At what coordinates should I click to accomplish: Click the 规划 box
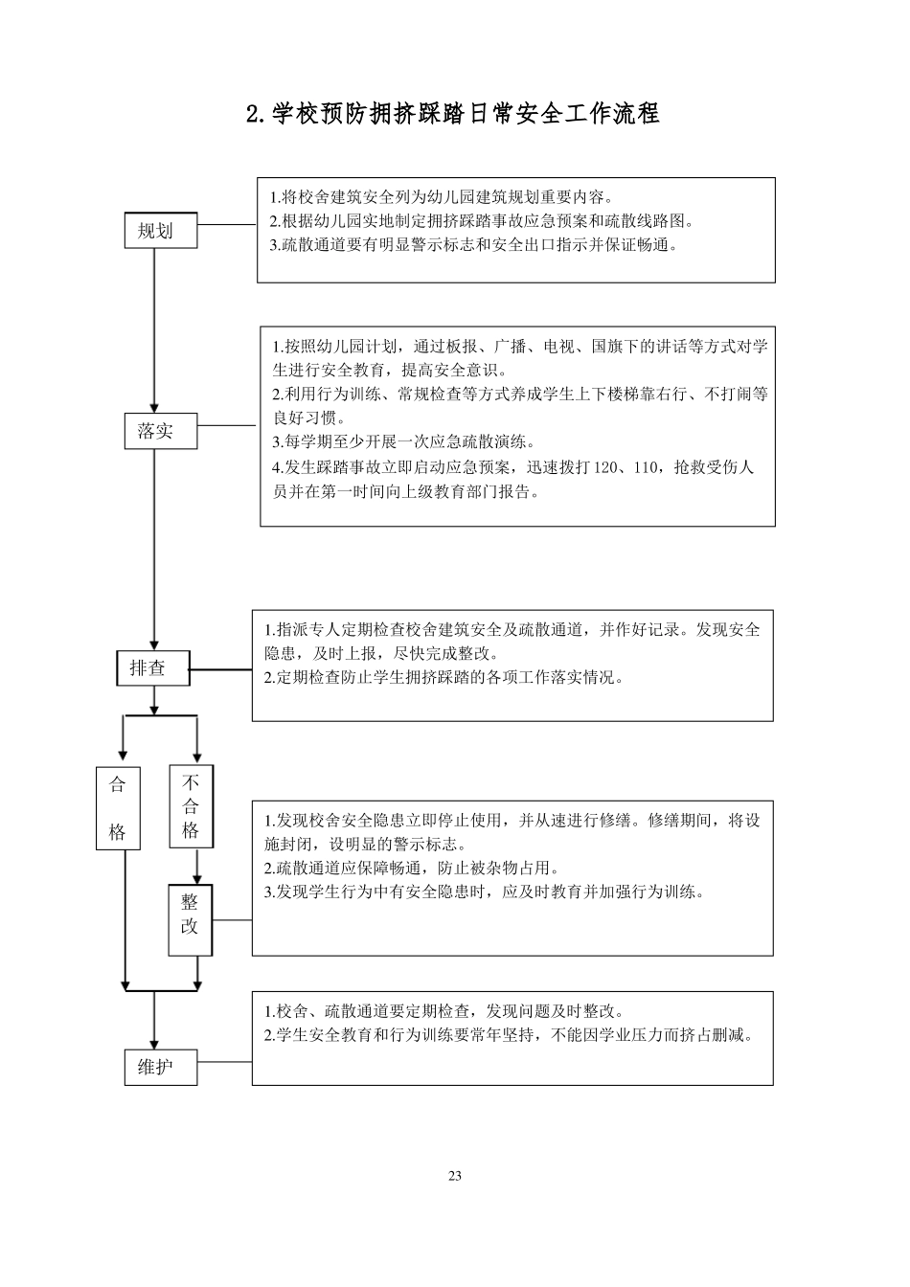coord(161,231)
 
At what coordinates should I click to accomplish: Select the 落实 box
coord(161,431)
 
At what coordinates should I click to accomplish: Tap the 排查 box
coord(153,668)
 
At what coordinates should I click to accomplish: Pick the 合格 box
coord(118,807)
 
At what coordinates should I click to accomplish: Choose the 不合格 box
coord(192,806)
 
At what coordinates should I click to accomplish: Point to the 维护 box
coord(161,1067)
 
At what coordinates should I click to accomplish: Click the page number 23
coord(455,1176)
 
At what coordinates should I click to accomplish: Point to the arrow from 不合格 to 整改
coord(197,867)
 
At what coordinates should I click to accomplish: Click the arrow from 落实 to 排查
coord(154,551)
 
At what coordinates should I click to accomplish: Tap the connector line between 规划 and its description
coord(227,225)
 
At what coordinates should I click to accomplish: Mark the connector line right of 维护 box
coord(224,1061)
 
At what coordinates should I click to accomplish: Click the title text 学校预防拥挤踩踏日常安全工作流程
coord(453,114)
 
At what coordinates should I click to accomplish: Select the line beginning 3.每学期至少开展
coord(403,442)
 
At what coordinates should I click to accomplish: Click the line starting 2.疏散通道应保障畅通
coord(411,869)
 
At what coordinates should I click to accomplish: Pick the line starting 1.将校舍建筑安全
coord(442,198)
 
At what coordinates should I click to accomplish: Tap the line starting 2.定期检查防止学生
coord(444,678)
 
